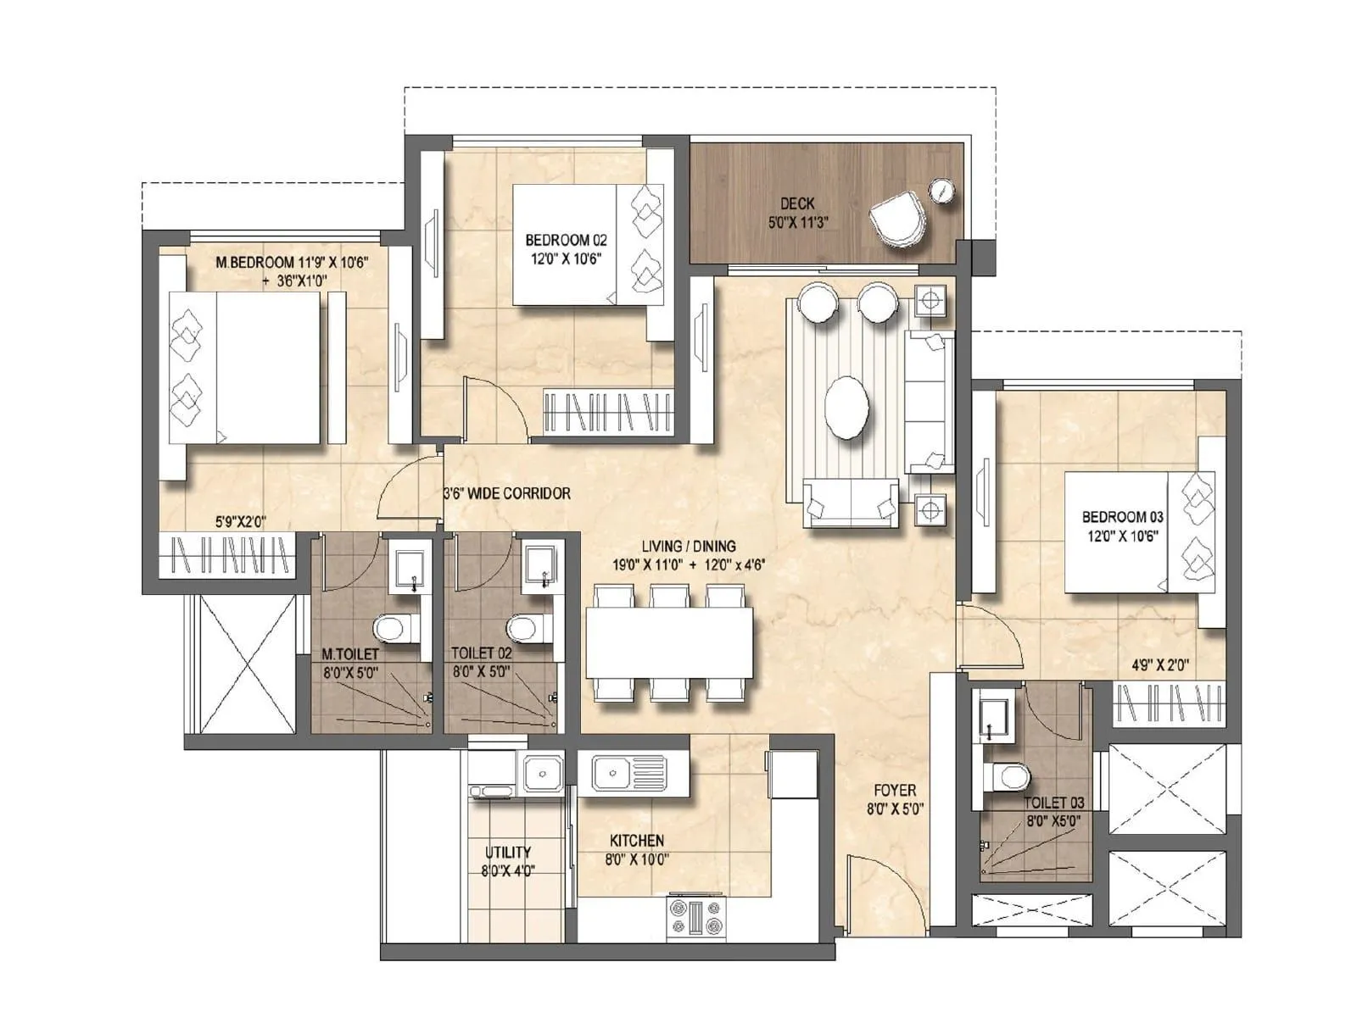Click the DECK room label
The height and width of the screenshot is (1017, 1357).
[x=797, y=203]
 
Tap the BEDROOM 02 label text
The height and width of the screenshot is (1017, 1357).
[x=566, y=241]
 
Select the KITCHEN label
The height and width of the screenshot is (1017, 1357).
[x=637, y=841]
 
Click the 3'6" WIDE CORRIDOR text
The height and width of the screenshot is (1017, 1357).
[x=507, y=493]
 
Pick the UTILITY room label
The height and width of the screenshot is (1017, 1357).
[x=508, y=852]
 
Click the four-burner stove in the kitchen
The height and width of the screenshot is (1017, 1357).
[x=696, y=917]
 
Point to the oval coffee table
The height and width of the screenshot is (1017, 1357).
[x=846, y=408]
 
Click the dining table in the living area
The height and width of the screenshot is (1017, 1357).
[x=669, y=642]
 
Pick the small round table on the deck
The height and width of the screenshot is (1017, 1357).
[x=941, y=190]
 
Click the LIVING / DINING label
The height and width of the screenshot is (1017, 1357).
[x=689, y=547]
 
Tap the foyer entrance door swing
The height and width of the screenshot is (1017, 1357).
[x=882, y=886]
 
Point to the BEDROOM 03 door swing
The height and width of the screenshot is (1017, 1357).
[x=992, y=636]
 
